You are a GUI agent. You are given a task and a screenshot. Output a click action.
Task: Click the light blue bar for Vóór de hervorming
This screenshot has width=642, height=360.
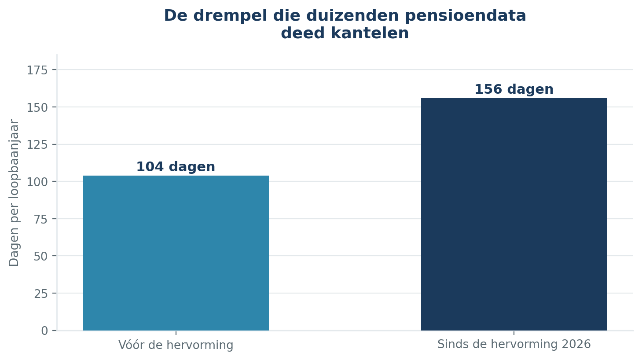tap(176, 253)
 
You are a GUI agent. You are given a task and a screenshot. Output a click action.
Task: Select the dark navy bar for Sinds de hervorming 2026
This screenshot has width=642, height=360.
tap(514, 214)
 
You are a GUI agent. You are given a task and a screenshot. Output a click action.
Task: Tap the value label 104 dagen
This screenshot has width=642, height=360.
tap(176, 167)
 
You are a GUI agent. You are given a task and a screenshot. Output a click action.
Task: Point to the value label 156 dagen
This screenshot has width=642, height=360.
tap(514, 89)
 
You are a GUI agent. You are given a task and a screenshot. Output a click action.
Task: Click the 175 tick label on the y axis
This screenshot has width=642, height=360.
tap(37, 70)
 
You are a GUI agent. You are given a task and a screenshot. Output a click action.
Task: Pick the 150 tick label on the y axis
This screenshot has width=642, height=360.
tap(37, 108)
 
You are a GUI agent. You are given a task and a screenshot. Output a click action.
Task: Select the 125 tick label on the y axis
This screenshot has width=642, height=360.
tap(37, 145)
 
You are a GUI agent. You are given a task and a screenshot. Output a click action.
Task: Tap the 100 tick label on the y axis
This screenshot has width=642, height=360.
tap(37, 182)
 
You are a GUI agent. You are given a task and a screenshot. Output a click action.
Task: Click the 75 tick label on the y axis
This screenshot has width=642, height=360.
tap(40, 220)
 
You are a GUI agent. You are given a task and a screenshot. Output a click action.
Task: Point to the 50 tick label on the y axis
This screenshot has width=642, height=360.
tap(40, 257)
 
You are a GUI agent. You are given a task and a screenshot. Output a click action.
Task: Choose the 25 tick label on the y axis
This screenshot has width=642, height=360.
tap(40, 294)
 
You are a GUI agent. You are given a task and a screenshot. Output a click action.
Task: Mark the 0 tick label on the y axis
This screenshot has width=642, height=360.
tap(44, 331)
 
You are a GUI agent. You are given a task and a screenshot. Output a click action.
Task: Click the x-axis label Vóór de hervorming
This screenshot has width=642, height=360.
tap(176, 345)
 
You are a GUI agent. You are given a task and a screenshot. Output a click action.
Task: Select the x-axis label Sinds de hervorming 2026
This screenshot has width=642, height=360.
tap(514, 344)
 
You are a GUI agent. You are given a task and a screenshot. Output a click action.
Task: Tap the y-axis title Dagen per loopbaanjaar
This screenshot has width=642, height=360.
tap(14, 193)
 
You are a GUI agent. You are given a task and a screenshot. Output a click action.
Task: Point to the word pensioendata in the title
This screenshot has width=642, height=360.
tap(466, 16)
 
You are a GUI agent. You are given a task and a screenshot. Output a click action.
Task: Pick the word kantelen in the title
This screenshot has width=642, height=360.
tap(370, 33)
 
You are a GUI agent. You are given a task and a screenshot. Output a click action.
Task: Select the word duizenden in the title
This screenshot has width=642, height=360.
tap(352, 15)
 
